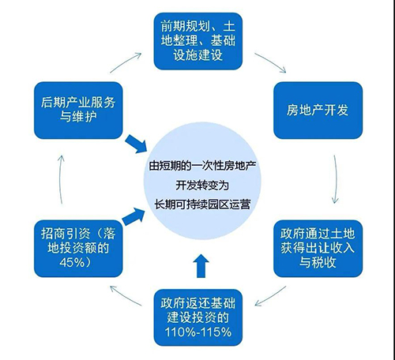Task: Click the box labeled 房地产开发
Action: pos(318,111)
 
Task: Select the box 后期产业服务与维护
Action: pos(78,111)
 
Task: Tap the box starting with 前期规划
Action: pos(198,41)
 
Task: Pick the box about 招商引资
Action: pos(78,249)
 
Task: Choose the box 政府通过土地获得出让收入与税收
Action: pos(318,249)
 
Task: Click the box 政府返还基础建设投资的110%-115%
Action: pos(198,317)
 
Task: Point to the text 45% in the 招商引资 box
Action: pos(72,262)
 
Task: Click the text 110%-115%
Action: pos(198,332)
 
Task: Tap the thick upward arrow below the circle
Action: pos(201,266)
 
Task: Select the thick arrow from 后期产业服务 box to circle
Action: pos(136,144)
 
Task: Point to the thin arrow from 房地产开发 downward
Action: pos(336,179)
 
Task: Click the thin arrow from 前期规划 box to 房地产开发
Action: pos(271,62)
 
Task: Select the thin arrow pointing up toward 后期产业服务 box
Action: pos(61,179)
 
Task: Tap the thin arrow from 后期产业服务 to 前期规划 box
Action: pos(126,62)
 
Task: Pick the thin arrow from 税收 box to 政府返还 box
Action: pos(270,297)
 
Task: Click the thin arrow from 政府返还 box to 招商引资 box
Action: pos(126,296)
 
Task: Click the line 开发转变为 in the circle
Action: pos(202,186)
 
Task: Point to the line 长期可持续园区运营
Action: pos(202,204)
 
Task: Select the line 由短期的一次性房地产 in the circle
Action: pos(202,166)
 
